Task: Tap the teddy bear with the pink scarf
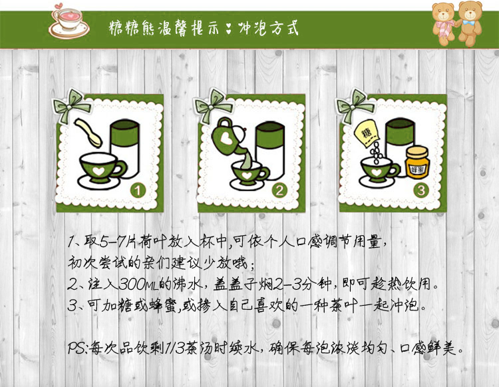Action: [444, 24]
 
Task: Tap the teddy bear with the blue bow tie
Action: [470, 23]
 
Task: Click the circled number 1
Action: [138, 191]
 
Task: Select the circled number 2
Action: [279, 191]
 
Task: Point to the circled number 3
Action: [421, 191]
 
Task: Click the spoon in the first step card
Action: [88, 133]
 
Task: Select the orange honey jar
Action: [417, 162]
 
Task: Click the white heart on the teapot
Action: [227, 139]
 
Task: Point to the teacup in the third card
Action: [378, 171]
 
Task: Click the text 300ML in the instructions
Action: [139, 284]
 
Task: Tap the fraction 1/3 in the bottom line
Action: [175, 348]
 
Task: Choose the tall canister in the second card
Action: [270, 150]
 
